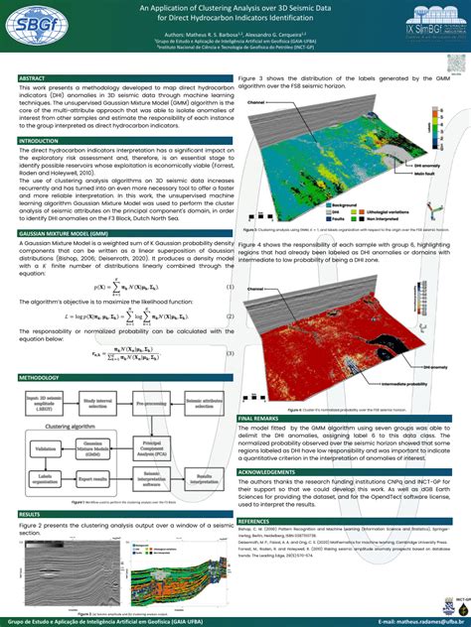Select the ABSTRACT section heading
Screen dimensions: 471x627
(x=32, y=77)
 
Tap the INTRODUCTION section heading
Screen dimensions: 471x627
(x=39, y=142)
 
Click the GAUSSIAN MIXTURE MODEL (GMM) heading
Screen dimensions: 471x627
(x=64, y=235)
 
